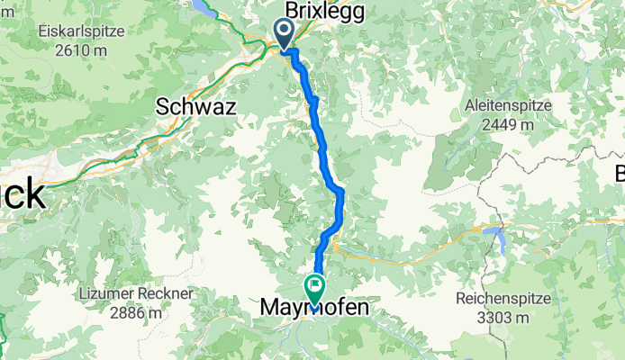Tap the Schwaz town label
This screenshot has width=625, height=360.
196,106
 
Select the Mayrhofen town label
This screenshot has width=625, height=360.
314,309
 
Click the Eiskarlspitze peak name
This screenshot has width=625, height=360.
80,32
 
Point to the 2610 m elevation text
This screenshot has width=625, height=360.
79,50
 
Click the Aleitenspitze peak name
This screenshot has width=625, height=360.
508,106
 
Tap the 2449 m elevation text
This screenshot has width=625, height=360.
508,124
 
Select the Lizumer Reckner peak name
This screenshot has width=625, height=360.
136,295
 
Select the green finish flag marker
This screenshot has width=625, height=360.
315,290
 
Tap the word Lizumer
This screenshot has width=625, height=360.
107,295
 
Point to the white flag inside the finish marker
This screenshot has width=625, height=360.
315,287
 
